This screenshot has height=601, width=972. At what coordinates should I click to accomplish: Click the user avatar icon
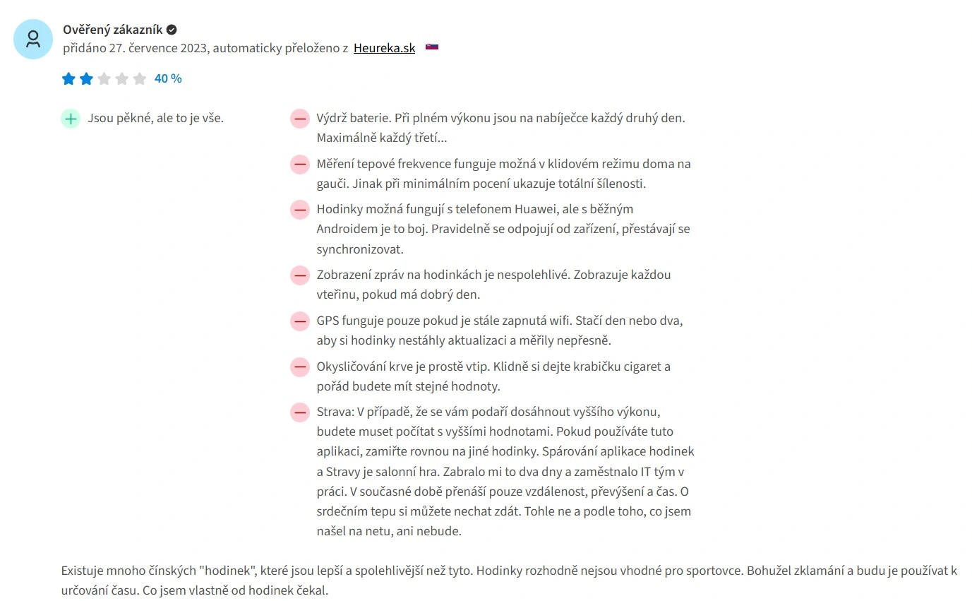[33, 39]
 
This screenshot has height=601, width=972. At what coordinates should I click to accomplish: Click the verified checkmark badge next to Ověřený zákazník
[172, 30]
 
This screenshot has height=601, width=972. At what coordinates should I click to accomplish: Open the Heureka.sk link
[384, 48]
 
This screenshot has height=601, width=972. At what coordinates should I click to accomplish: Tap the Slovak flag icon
[432, 47]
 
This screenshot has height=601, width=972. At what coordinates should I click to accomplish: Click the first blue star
[68, 78]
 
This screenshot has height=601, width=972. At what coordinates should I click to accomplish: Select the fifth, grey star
[140, 78]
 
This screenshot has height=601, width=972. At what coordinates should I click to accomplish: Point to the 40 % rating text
[168, 78]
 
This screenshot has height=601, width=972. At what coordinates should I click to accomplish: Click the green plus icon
[71, 119]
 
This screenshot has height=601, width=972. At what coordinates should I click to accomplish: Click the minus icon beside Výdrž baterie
[300, 119]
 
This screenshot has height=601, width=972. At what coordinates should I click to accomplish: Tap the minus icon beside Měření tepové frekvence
[300, 165]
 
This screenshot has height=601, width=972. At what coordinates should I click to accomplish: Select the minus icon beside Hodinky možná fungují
[300, 210]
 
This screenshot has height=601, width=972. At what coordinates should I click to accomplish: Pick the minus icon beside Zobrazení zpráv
[300, 275]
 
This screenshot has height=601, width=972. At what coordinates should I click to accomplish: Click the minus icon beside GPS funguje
[300, 321]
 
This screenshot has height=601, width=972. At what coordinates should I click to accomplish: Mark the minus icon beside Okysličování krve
[300, 367]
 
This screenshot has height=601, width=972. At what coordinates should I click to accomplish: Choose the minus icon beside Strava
[300, 412]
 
